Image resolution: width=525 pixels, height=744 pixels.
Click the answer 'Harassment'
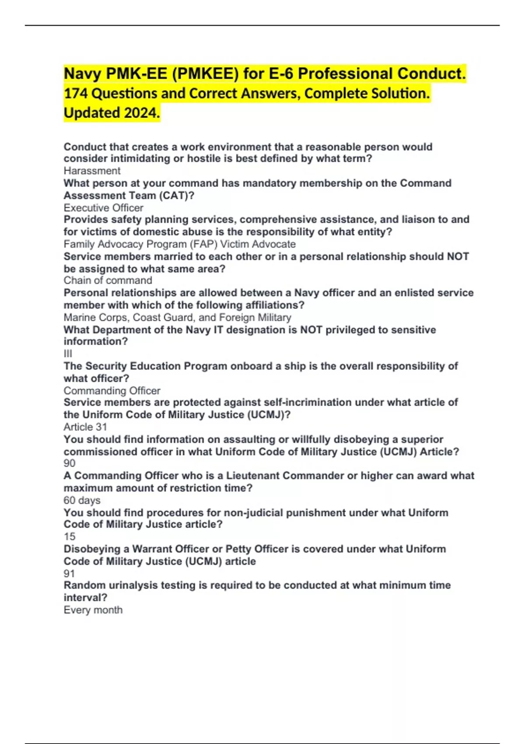click(92, 171)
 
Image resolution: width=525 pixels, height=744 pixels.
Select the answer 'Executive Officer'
click(103, 208)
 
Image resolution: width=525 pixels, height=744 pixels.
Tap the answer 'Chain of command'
click(108, 281)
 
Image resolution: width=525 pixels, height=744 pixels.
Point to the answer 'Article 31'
click(85, 427)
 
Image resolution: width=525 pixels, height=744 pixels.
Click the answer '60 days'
click(82, 500)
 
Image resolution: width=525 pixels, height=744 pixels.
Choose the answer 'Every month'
click(93, 610)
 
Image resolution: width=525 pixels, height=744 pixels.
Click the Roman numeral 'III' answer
click(68, 354)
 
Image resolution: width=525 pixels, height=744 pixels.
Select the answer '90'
click(70, 463)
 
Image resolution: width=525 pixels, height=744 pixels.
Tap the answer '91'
click(70, 573)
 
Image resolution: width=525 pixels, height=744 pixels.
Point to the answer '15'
click(70, 537)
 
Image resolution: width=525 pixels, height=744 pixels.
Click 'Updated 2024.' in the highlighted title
click(112, 113)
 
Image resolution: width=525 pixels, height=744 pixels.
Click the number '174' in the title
click(75, 93)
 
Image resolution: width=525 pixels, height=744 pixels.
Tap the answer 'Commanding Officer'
click(112, 390)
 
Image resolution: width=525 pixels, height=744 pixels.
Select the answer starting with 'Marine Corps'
click(177, 317)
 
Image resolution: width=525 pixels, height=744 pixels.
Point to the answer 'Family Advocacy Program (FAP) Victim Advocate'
click(179, 244)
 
